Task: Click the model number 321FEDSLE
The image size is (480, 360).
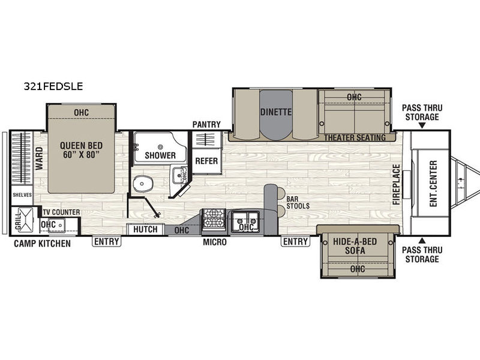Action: [x=53, y=86]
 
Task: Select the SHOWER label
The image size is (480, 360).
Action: [x=160, y=155]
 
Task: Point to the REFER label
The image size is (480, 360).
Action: [x=206, y=161]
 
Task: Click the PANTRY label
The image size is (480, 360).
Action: [x=206, y=125]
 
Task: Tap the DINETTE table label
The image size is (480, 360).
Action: [x=276, y=112]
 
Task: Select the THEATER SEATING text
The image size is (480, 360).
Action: [x=355, y=138]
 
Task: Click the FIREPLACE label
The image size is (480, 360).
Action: [x=397, y=185]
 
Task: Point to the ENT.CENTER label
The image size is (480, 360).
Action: [x=433, y=184]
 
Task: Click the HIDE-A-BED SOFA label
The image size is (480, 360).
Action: [x=355, y=246]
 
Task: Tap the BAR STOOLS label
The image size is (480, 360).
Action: [x=298, y=203]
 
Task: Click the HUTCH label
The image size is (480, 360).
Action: [x=145, y=229]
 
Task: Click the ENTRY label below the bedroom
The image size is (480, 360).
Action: [x=107, y=242]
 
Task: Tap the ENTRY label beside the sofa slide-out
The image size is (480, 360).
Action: [x=295, y=242]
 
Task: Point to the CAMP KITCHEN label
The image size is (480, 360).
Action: [x=42, y=244]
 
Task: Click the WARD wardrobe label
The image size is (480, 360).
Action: [x=40, y=158]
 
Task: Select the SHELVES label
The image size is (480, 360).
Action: [x=22, y=195]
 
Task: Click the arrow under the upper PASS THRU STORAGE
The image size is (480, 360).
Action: [x=422, y=125]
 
